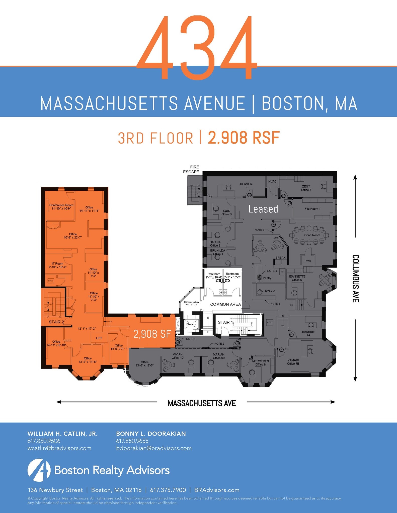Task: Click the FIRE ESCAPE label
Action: click(191, 169)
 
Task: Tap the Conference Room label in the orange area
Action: click(61, 207)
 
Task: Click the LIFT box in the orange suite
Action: click(99, 338)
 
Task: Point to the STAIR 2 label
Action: click(56, 322)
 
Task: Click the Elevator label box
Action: click(191, 324)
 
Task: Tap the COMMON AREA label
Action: click(225, 304)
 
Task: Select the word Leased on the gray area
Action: click(263, 209)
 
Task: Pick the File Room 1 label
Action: click(312, 209)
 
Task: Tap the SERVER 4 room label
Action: click(246, 186)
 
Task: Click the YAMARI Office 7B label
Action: click(293, 362)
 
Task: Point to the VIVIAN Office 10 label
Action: click(178, 356)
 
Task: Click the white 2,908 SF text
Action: click(152, 334)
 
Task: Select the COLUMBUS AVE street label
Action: click(356, 278)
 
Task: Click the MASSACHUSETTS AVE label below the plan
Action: click(202, 403)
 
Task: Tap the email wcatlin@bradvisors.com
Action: click(59, 448)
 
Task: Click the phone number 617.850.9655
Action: click(132, 441)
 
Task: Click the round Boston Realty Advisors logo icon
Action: click(39, 470)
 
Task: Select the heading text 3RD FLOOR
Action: click(155, 138)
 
